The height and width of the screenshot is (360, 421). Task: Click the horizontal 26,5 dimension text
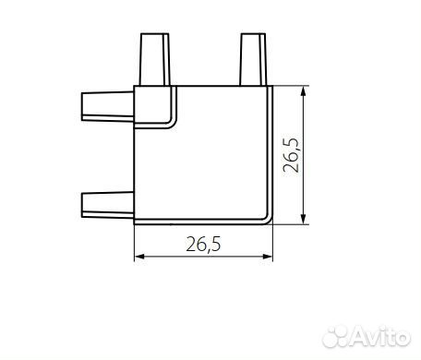(203, 245)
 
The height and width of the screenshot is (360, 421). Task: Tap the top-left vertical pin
(154, 59)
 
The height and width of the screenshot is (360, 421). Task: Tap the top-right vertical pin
(253, 59)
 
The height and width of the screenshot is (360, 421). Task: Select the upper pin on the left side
(107, 106)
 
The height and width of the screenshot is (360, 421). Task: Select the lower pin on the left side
(107, 205)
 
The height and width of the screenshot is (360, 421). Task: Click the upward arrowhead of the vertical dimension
(304, 91)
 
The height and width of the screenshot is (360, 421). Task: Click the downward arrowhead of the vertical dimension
(304, 219)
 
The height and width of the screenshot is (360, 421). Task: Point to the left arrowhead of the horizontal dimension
(140, 257)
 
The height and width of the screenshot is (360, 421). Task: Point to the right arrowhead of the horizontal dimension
(267, 257)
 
